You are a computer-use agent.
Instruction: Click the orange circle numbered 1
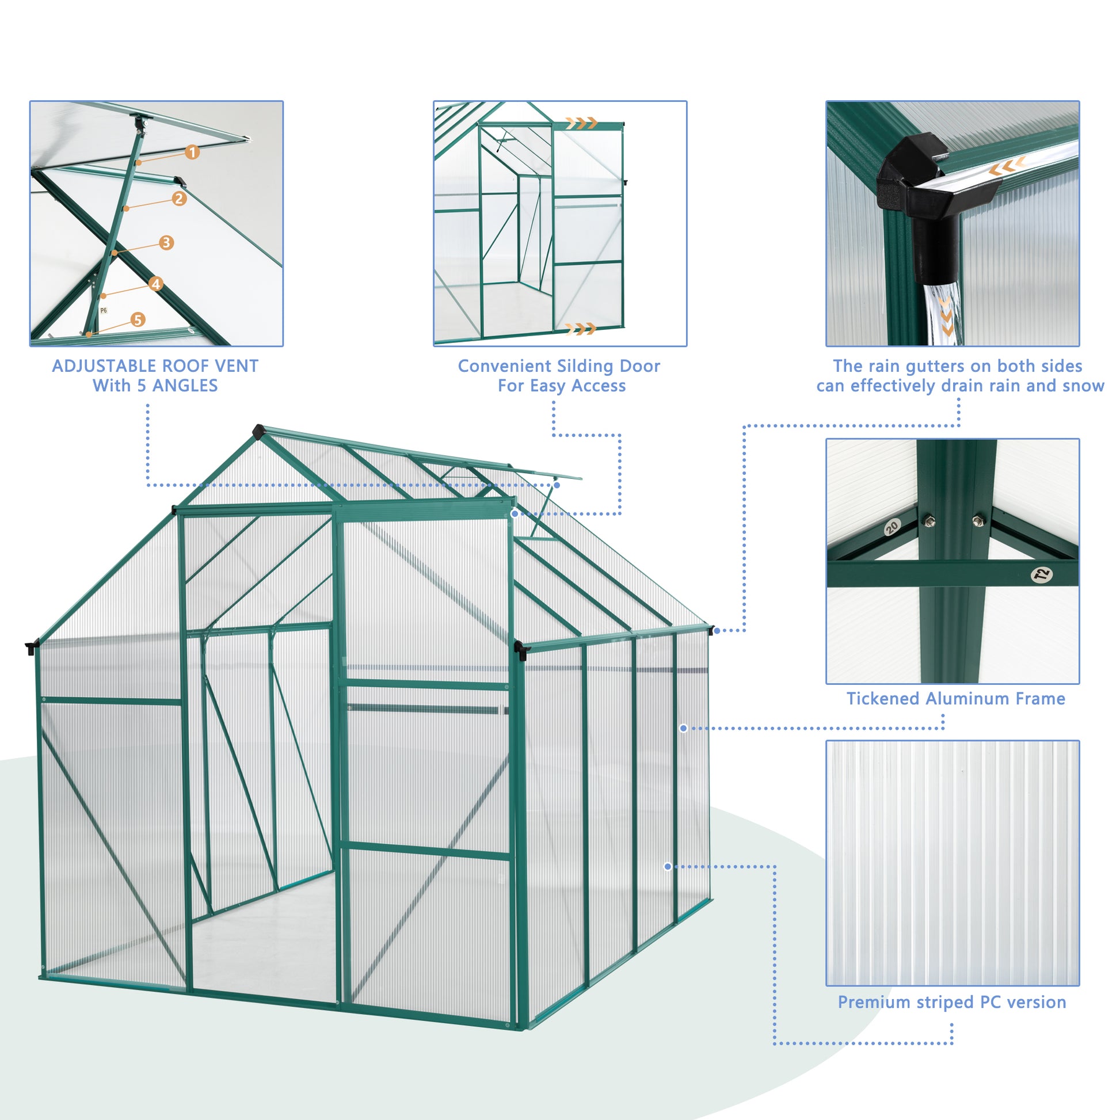click(192, 153)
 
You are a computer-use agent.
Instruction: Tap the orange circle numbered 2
click(179, 199)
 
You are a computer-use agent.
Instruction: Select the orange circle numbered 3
click(166, 242)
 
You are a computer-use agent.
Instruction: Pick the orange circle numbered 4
click(155, 284)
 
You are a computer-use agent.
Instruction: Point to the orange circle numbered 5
click(138, 319)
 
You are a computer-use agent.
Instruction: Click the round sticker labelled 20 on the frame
click(892, 527)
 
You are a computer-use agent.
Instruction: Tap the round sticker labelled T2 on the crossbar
click(1042, 574)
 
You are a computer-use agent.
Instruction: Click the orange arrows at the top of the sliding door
click(581, 123)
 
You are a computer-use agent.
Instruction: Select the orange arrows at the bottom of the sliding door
click(581, 329)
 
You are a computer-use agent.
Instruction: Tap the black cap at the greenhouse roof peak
click(258, 431)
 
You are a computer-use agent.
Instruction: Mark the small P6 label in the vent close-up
click(103, 311)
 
